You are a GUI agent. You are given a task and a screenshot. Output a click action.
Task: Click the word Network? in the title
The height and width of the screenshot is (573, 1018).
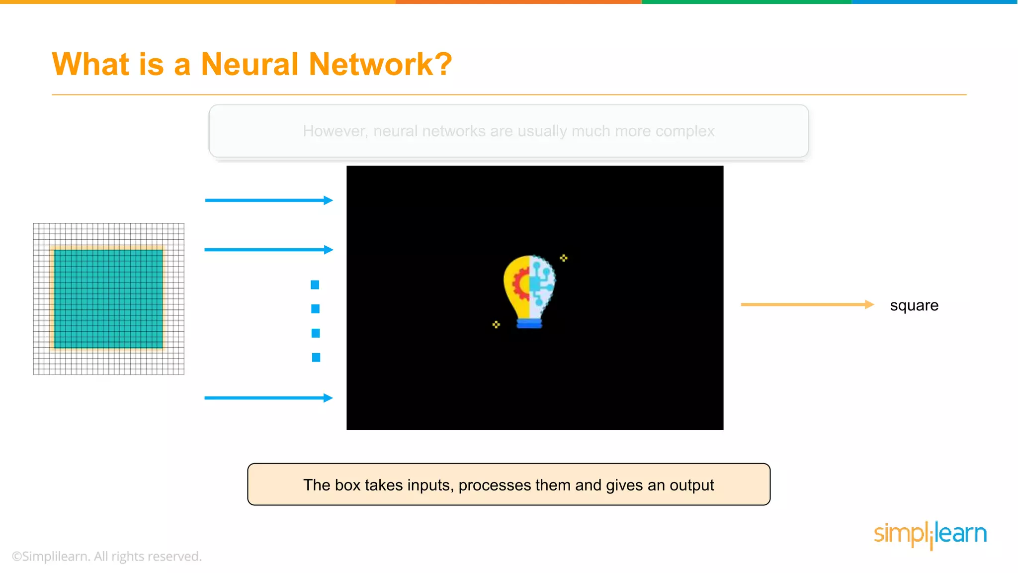point(380,65)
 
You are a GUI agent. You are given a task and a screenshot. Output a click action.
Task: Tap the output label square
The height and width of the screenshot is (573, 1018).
point(914,305)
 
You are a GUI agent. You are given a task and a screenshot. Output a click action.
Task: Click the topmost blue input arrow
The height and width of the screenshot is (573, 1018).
point(268,200)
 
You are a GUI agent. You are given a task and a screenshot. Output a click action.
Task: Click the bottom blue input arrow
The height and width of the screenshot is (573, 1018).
point(268,398)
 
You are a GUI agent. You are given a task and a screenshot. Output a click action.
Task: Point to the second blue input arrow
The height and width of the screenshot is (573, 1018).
point(268,250)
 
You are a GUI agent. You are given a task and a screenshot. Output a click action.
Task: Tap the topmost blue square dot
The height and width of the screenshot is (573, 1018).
point(315,285)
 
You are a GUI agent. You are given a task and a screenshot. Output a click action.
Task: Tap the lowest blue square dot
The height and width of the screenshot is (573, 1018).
point(316,358)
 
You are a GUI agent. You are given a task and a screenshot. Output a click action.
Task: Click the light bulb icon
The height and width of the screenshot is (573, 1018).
point(529,291)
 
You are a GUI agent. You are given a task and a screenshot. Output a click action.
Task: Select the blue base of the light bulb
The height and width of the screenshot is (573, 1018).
point(529,324)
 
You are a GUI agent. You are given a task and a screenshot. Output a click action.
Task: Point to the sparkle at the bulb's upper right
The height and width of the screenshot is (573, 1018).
point(564,258)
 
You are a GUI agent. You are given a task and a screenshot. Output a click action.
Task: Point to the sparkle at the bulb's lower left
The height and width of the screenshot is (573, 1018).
point(496,325)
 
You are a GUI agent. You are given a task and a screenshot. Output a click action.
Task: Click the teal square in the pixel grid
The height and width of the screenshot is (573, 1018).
point(108,298)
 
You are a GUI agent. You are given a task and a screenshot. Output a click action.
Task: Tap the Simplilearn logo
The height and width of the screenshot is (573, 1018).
point(930,535)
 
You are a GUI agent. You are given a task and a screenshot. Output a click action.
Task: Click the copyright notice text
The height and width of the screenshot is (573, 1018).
point(107,557)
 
